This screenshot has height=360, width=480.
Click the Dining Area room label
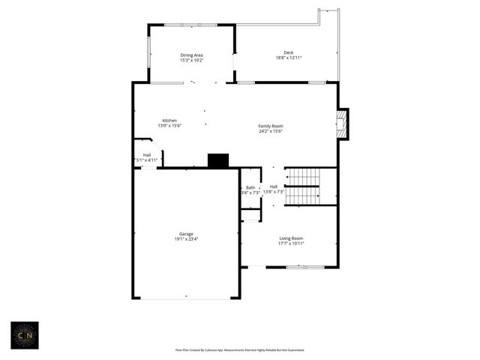tap(191, 55)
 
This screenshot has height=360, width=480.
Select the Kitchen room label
tap(170, 121)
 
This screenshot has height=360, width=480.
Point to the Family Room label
tap(271, 126)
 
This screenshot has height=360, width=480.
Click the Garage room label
tap(186, 233)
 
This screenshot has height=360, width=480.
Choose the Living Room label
tap(291, 238)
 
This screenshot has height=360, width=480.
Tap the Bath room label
tap(250, 187)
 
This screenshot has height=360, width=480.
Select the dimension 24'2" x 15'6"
tap(271, 131)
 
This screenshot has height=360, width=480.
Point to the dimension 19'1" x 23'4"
tap(186, 238)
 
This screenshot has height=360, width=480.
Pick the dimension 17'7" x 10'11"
tap(291, 244)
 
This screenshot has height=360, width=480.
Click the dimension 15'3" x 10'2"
tap(191, 60)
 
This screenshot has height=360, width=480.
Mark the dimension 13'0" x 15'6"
tap(170, 126)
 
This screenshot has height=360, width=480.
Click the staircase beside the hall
tap(304, 186)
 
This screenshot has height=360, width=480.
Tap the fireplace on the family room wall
tap(343, 124)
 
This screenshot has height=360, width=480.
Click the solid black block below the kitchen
tap(218, 160)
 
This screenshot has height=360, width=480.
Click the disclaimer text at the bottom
tap(240, 349)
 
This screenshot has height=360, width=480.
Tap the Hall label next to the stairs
tap(274, 187)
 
